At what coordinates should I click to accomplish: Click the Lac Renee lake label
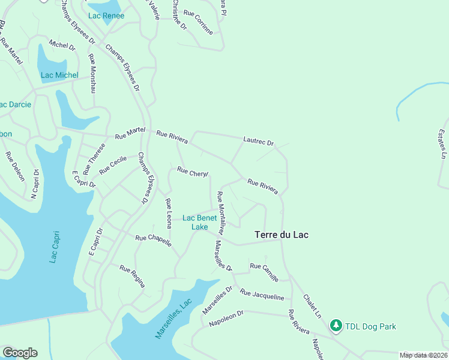coord(106,16)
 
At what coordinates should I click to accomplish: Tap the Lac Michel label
coord(59,75)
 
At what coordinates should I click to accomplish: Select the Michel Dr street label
coord(62,45)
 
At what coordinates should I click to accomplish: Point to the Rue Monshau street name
coord(92,74)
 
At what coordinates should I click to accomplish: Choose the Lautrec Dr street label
coord(259,142)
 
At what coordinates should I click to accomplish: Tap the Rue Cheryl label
coord(193,172)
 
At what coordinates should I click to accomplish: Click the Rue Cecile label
coord(113,166)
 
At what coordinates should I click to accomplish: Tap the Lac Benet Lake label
coord(199,223)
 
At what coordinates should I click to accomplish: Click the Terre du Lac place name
coord(282,235)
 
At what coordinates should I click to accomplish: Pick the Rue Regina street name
coord(132,276)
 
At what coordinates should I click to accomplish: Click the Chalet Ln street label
coord(312,306)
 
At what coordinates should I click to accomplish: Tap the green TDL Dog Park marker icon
coord(336,326)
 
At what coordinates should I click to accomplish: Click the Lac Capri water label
coord(55,246)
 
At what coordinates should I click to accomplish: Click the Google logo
coord(20,353)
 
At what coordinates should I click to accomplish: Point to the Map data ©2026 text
coord(423,355)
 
